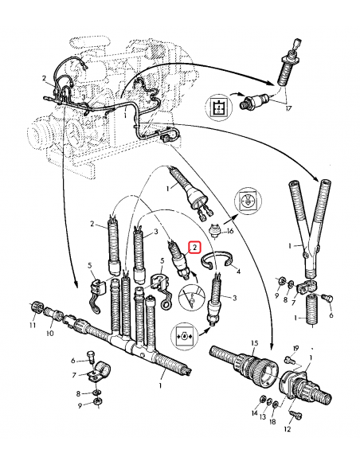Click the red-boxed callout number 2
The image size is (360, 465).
click(194, 248)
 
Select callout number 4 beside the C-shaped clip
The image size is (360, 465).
click(238, 271)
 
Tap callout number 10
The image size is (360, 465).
click(50, 333)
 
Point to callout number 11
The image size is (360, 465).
click(33, 325)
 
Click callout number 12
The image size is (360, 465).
click(287, 429)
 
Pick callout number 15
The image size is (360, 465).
click(254, 343)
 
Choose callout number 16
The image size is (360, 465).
click(230, 230)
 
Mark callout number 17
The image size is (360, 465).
click(288, 108)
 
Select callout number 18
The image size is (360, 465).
click(272, 421)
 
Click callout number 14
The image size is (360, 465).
click(254, 412)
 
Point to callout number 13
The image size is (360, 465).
click(263, 417)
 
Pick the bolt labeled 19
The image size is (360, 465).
click(288, 360)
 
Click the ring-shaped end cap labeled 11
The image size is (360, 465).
click(37, 307)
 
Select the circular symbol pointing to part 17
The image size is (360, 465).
click(219, 107)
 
